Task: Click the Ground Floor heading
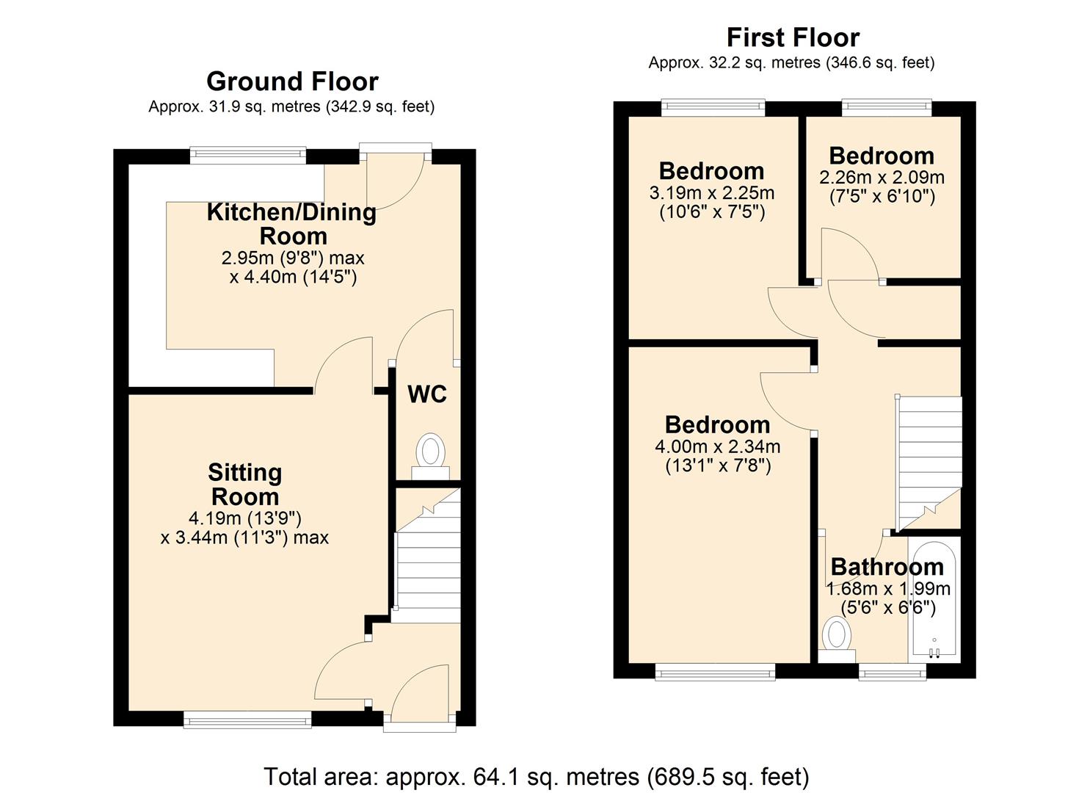tap(292, 82)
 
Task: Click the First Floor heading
tap(793, 37)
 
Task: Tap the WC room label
tap(426, 394)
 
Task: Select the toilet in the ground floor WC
tap(430, 455)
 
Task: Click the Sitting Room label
tap(244, 484)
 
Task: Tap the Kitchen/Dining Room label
tap(291, 224)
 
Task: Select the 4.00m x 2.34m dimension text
tap(717, 446)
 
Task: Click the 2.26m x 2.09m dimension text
tap(882, 178)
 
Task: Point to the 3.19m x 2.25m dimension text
tap(711, 193)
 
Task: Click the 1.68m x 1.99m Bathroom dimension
tap(888, 589)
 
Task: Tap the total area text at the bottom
tap(537, 776)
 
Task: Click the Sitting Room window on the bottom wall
tap(247, 720)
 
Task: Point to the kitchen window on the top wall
tap(247, 154)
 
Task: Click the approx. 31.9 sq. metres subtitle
tap(291, 107)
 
